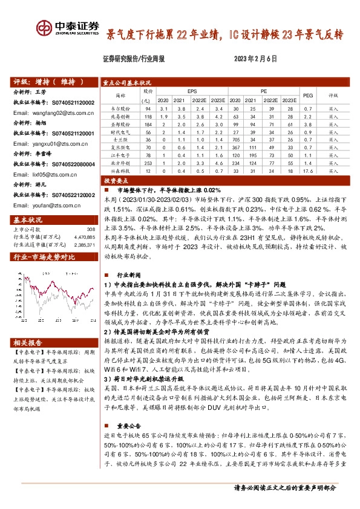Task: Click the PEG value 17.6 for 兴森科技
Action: tap(307, 171)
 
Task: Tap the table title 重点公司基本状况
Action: tap(126, 83)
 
